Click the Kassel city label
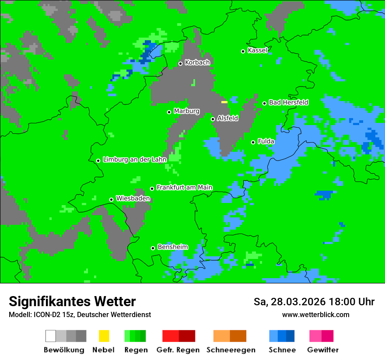257,50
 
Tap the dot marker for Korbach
180,63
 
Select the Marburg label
186,111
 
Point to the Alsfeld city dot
213,119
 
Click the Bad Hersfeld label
288,102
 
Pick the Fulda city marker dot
253,142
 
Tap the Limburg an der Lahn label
134,160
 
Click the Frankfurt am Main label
184,187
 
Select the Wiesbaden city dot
111,199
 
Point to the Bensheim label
172,247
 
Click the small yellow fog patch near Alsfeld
224,102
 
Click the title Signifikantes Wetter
72,301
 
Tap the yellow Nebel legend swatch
104,336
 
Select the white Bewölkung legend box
51,336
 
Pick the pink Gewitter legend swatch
315,336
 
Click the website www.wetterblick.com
315,314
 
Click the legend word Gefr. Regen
178,350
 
